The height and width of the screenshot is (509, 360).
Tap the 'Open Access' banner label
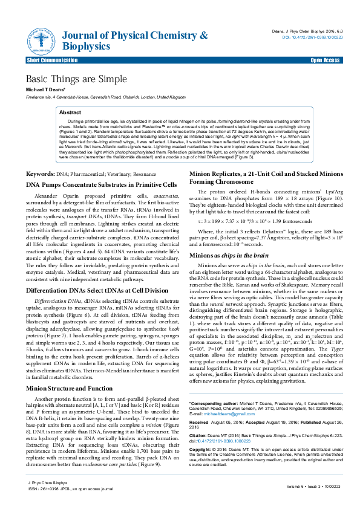pyautogui.click(x=324, y=61)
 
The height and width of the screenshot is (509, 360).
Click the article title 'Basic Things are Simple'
pyautogui.click(x=76, y=79)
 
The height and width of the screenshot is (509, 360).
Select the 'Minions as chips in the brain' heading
pyautogui.click(x=229, y=256)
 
